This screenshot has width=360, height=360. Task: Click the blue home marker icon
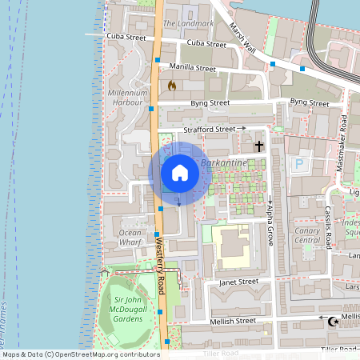click(179, 173)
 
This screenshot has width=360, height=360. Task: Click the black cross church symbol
click(258, 146)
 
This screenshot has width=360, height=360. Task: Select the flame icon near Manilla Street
click(171, 84)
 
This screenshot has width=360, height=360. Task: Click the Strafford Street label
click(208, 129)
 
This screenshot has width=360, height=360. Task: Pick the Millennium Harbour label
click(126, 98)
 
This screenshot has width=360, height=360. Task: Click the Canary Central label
click(307, 234)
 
